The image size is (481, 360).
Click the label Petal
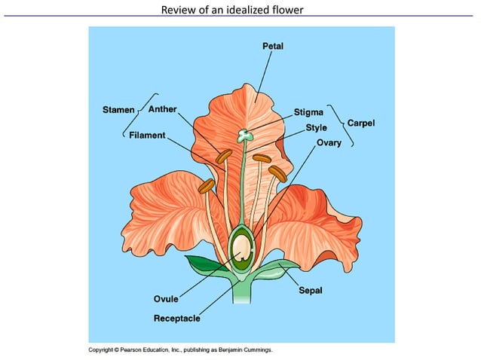click(x=272, y=46)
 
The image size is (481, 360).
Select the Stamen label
click(x=118, y=110)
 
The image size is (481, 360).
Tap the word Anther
click(x=162, y=109)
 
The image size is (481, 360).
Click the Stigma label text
click(x=308, y=112)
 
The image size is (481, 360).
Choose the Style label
click(x=316, y=127)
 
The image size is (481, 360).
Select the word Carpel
click(x=360, y=122)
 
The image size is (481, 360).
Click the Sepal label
click(x=311, y=289)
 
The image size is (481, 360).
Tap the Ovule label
click(x=166, y=299)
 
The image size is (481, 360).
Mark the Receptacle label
click(x=176, y=318)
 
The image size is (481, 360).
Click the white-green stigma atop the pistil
click(x=244, y=136)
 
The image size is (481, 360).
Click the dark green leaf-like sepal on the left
click(x=203, y=264)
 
